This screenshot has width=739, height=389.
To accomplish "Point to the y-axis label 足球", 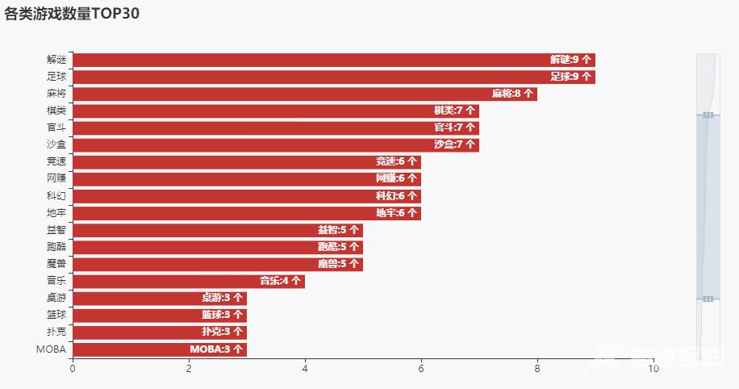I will click(x=56, y=77).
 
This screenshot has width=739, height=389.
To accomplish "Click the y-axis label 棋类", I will click(x=56, y=111).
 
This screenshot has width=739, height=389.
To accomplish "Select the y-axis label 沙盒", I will click(x=56, y=144).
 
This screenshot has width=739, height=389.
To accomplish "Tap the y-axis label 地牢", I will click(x=56, y=213).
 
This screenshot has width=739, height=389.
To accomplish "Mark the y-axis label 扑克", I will click(x=56, y=332).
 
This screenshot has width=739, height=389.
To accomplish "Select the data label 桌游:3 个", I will click(x=222, y=298).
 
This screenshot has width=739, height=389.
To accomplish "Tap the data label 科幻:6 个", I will click(x=396, y=196).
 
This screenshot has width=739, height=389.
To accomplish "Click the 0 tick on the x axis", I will click(x=73, y=369).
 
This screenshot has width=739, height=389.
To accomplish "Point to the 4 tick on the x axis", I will click(x=305, y=369).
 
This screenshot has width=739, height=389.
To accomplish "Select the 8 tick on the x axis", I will click(x=537, y=369).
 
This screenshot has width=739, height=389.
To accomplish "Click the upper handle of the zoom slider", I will click(x=708, y=115).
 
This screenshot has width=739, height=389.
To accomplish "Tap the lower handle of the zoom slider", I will click(x=708, y=299).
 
